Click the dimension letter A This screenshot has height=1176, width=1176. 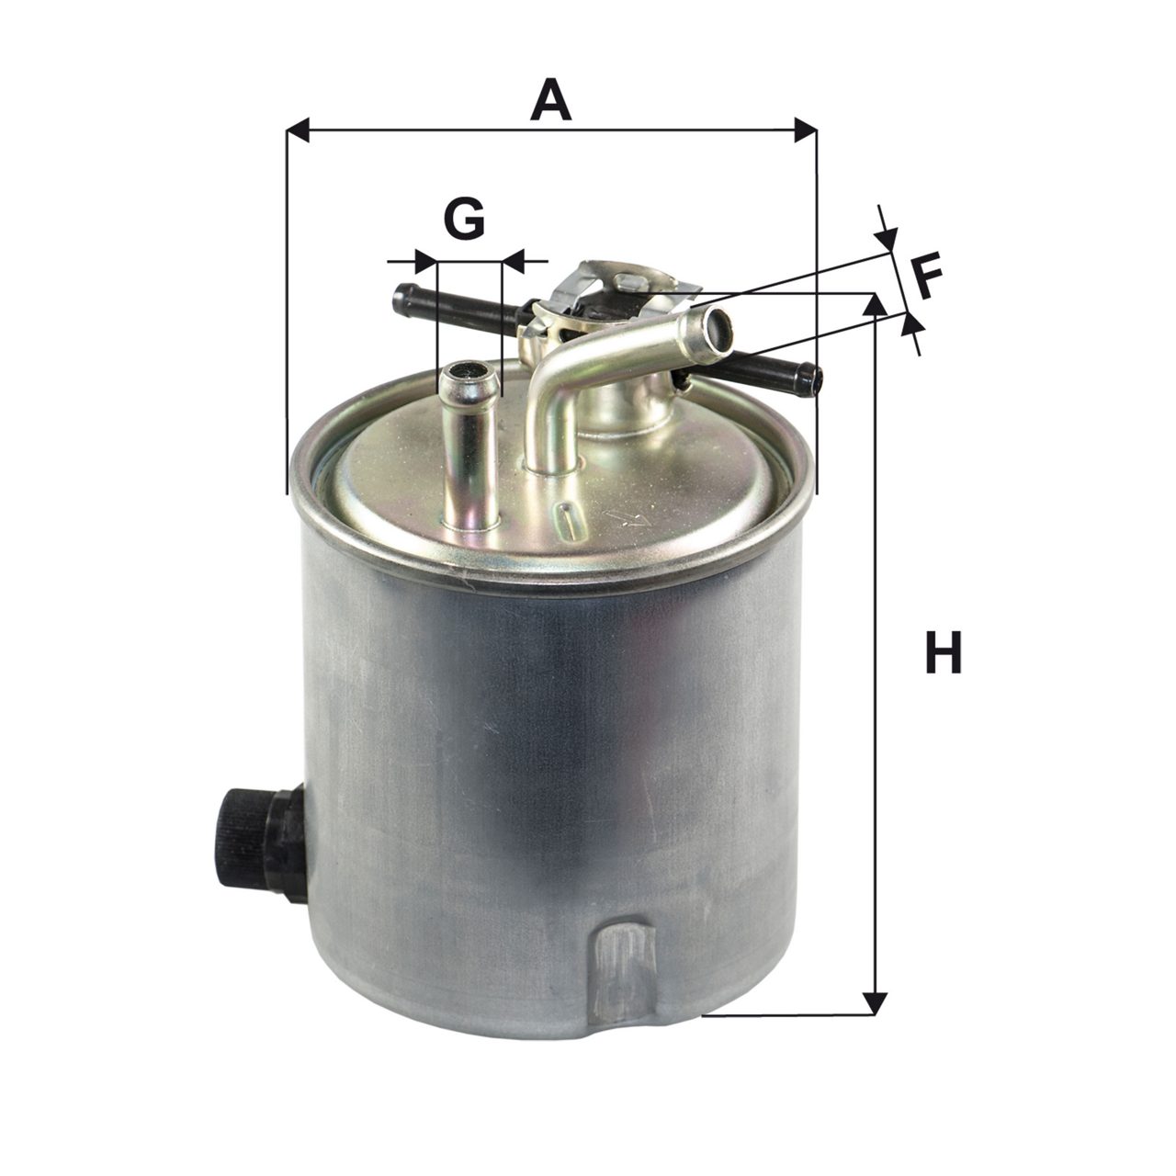pyautogui.click(x=549, y=99)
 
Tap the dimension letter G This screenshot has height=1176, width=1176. pyautogui.click(x=464, y=218)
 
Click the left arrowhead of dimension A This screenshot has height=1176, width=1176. pyautogui.click(x=297, y=130)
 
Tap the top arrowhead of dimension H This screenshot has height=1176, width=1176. pyautogui.click(x=876, y=304)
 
